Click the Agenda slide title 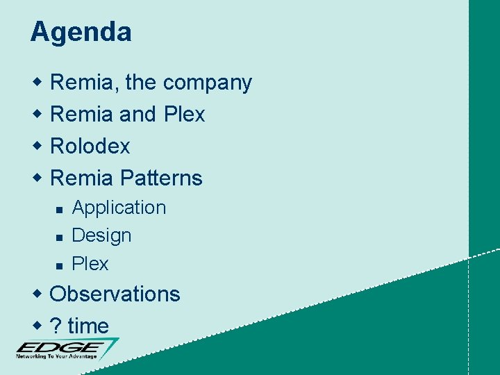pyautogui.click(x=81, y=33)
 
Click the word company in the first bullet pyautogui.click(x=208, y=83)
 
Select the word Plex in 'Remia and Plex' pyautogui.click(x=185, y=115)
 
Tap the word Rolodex pyautogui.click(x=90, y=147)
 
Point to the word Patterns pyautogui.click(x=160, y=178)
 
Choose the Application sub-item pyautogui.click(x=119, y=208)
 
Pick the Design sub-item pyautogui.click(x=101, y=235)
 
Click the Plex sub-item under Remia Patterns pyautogui.click(x=90, y=264)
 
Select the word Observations pyautogui.click(x=115, y=294)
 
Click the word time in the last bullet pyautogui.click(x=88, y=326)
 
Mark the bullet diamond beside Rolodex pyautogui.click(x=39, y=147)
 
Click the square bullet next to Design pyautogui.click(x=60, y=237)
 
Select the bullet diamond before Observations pyautogui.click(x=39, y=294)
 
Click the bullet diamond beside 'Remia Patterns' pyautogui.click(x=39, y=178)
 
